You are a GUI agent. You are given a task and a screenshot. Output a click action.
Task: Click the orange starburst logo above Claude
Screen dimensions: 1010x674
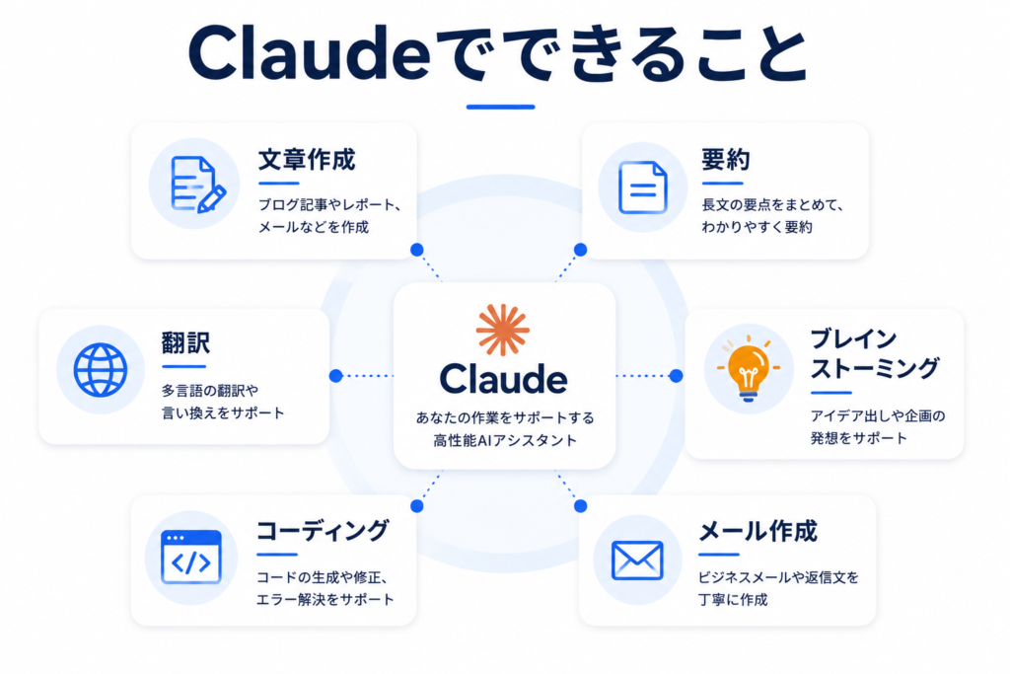click(x=502, y=330)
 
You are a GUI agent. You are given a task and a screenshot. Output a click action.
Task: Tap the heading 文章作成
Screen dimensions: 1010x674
click(x=307, y=160)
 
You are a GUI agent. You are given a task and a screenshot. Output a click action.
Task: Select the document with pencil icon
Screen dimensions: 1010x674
click(x=197, y=185)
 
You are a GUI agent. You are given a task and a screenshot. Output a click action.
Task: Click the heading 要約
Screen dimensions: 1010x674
click(x=725, y=160)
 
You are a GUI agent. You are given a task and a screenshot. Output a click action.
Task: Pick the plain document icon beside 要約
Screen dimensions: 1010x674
click(x=642, y=187)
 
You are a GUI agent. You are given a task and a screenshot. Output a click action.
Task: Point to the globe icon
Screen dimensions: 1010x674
click(x=100, y=370)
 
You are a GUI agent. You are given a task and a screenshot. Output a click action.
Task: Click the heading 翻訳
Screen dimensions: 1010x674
click(x=185, y=342)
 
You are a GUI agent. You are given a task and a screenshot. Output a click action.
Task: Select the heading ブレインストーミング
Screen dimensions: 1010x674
click(x=874, y=353)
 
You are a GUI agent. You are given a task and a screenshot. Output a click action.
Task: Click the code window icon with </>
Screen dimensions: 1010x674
click(x=190, y=558)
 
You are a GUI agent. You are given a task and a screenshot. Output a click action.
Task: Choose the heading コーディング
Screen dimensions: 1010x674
click(x=323, y=531)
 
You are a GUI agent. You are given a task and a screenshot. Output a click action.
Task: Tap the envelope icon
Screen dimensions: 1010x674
click(x=637, y=560)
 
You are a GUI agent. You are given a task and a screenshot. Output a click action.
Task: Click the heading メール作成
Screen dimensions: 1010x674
click(x=758, y=532)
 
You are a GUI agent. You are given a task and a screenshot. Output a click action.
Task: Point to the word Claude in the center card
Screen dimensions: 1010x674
click(x=503, y=379)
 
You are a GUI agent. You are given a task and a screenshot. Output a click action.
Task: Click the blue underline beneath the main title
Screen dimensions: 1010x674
click(x=500, y=107)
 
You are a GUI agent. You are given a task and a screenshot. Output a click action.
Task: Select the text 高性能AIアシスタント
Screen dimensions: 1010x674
click(x=505, y=441)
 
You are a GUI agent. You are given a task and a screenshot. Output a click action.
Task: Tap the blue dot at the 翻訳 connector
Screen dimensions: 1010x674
click(x=335, y=376)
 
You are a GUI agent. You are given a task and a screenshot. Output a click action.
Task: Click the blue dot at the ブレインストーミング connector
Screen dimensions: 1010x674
click(x=676, y=376)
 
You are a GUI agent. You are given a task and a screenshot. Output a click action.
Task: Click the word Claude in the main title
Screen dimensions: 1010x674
click(x=309, y=53)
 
